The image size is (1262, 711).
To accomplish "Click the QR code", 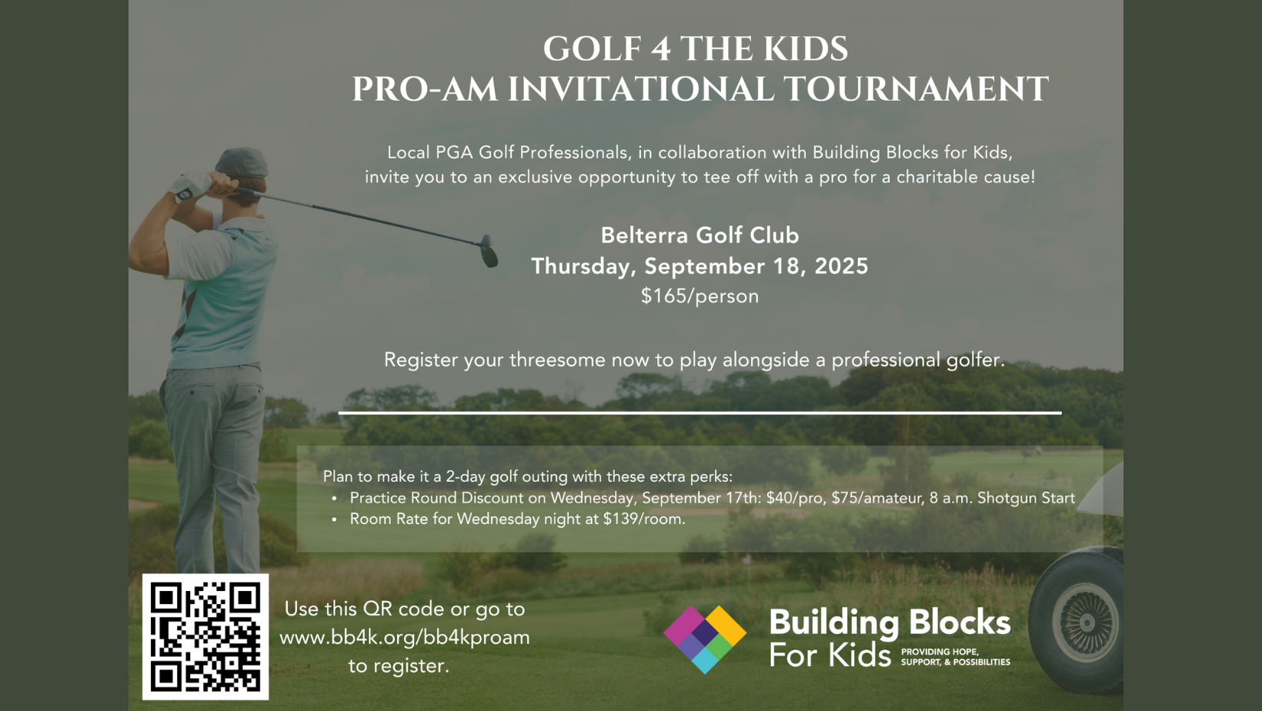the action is (205, 636).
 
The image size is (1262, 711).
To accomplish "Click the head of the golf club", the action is (489, 252).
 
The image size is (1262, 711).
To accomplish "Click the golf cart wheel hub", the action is (1086, 622).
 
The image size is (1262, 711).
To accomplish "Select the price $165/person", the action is (699, 295).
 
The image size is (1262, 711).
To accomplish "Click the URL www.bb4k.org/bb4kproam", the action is (405, 637).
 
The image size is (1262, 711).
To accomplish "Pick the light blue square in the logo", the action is (705, 659).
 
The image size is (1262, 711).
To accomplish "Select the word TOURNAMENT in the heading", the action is (916, 89).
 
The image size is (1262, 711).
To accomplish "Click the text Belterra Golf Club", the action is (699, 235).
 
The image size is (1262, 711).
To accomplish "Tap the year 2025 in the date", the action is (841, 266).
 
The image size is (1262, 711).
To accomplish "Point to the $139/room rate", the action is (644, 519).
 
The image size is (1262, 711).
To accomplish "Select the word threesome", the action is (557, 359).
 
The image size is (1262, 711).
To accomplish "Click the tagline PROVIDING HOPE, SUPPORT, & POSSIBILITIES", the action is (956, 657).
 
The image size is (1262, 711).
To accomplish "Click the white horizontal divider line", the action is (699, 413).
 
